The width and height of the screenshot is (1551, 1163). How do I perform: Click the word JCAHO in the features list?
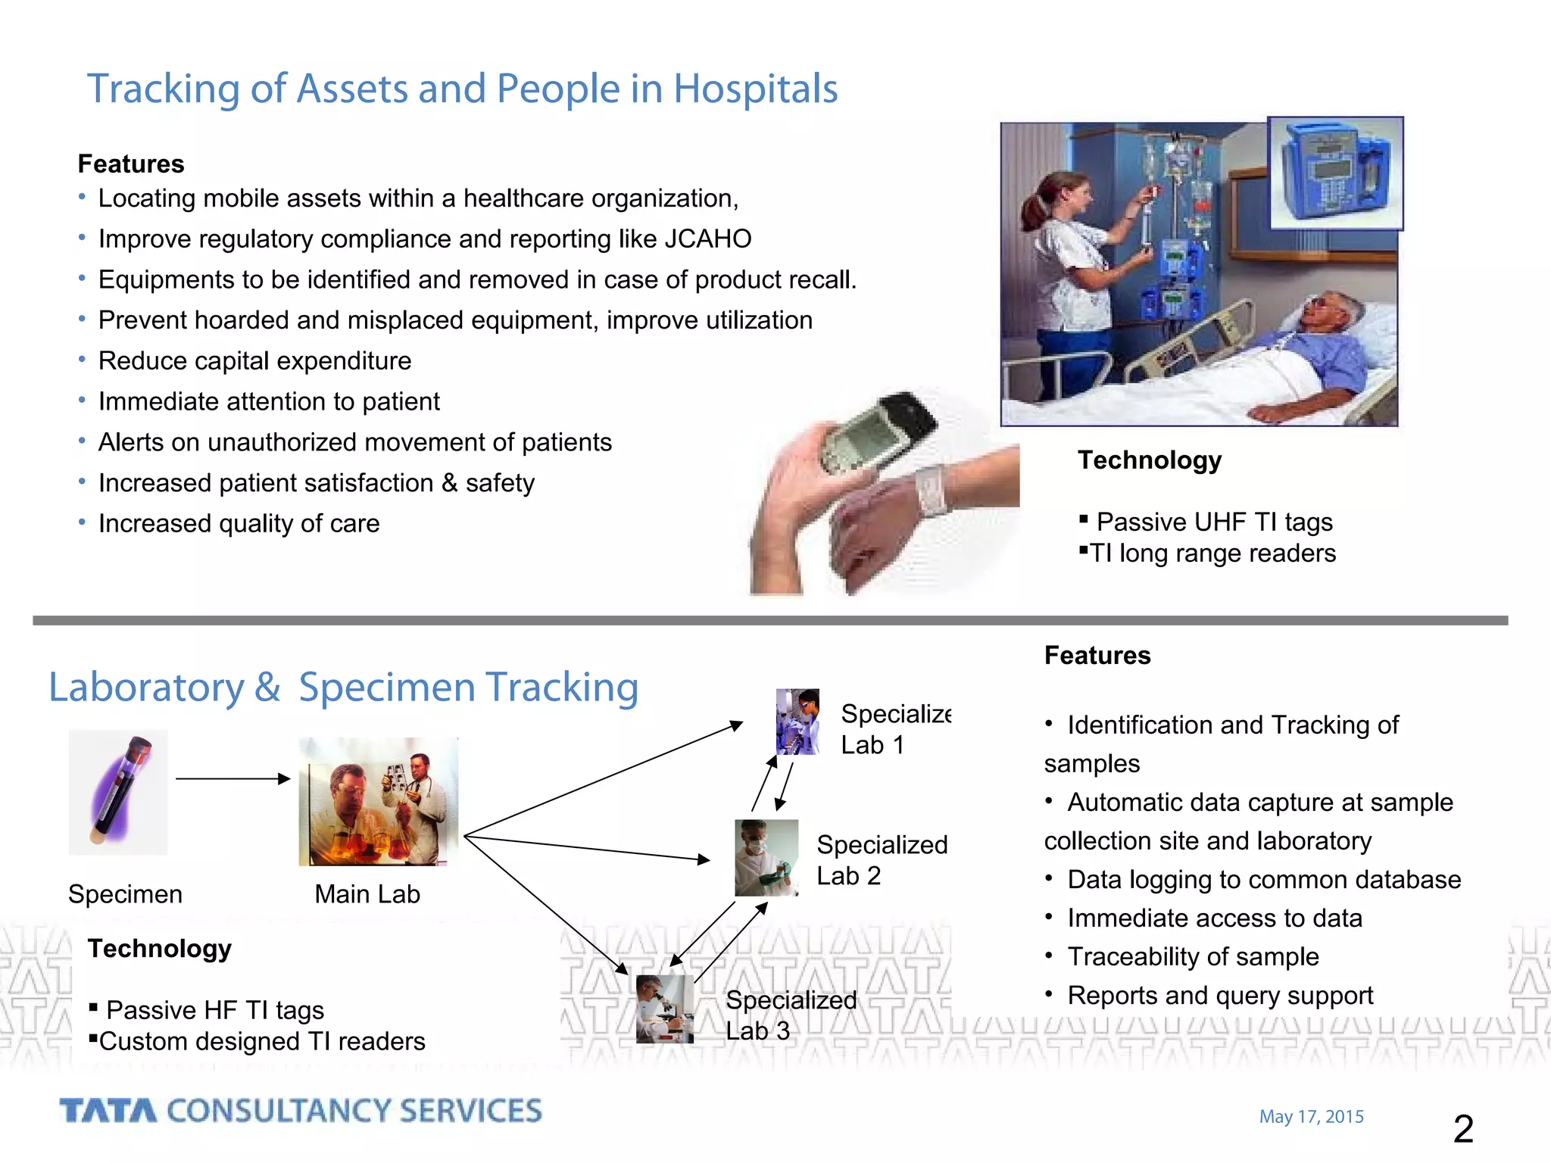(707, 239)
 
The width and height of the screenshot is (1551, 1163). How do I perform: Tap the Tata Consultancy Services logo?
(301, 1111)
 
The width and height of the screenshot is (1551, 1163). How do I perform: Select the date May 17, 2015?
(1311, 1116)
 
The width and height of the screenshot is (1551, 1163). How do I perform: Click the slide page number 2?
(1463, 1129)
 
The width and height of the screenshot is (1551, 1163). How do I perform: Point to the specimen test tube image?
(118, 792)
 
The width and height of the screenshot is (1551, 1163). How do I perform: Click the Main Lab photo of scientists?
(378, 802)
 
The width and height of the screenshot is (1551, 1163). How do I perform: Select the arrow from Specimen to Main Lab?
(232, 778)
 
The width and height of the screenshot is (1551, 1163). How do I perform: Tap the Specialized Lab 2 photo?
(766, 858)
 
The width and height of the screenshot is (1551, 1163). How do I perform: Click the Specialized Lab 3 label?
(790, 1015)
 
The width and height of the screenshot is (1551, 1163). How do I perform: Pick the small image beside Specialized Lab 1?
(797, 722)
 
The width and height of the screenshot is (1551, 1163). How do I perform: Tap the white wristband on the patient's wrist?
(932, 488)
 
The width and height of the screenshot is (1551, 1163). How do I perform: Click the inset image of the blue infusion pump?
(1335, 173)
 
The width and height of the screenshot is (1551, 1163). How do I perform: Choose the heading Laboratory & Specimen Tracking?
(343, 687)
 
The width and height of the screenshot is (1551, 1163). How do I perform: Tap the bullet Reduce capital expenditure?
(254, 360)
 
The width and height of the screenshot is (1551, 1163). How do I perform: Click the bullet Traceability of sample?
(1192, 956)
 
